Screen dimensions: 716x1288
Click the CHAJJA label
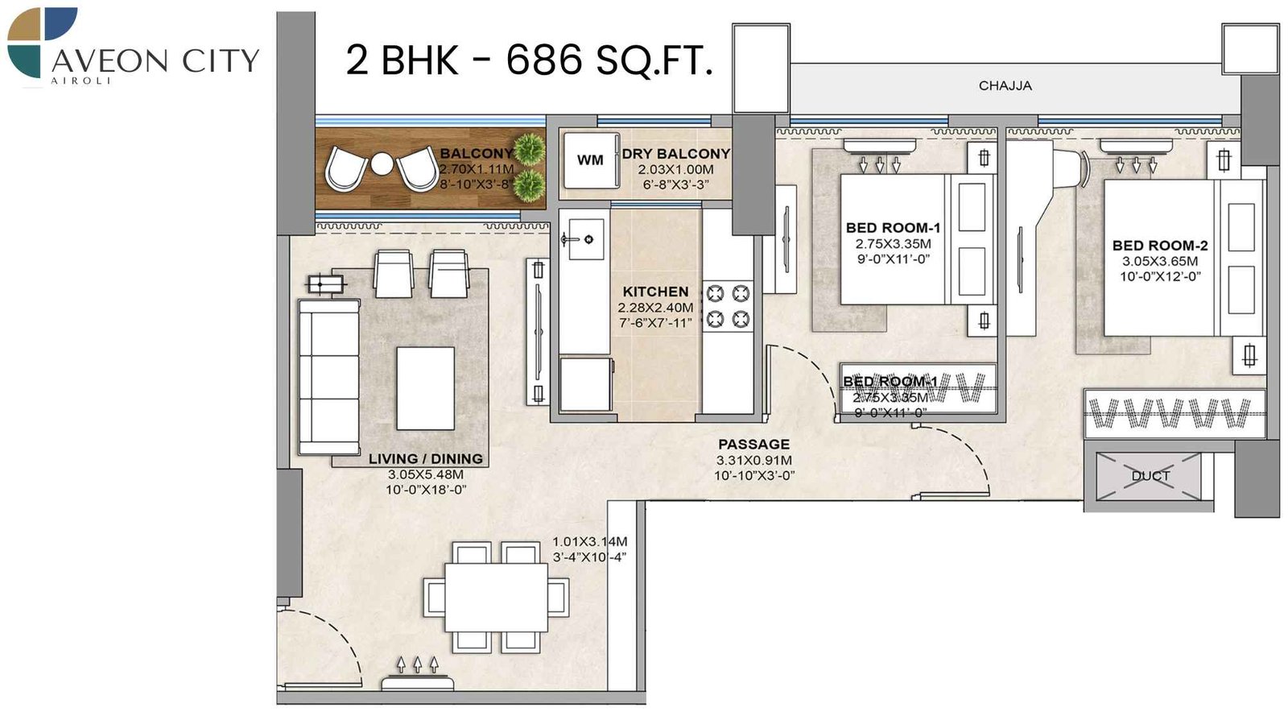pyautogui.click(x=1005, y=85)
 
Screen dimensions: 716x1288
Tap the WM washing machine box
pyautogui.click(x=590, y=160)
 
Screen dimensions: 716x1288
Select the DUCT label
pyautogui.click(x=1150, y=476)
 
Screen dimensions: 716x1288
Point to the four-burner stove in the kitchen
pyautogui.click(x=729, y=306)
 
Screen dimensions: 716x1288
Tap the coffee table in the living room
pyautogui.click(x=425, y=388)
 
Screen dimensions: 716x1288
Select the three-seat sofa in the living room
pyautogui.click(x=329, y=377)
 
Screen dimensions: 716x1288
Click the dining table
pyautogui.click(x=497, y=597)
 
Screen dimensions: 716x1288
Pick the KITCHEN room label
pyautogui.click(x=655, y=292)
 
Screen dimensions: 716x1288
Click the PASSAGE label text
pyautogui.click(x=753, y=444)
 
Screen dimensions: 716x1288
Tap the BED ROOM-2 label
pyautogui.click(x=1160, y=246)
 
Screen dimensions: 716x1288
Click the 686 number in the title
pyautogui.click(x=543, y=60)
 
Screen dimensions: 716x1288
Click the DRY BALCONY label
pyautogui.click(x=675, y=154)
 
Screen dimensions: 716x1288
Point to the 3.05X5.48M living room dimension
pyautogui.click(x=426, y=474)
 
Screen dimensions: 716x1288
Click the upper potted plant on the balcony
pyautogui.click(x=529, y=148)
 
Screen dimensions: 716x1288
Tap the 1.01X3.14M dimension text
pyautogui.click(x=589, y=542)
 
